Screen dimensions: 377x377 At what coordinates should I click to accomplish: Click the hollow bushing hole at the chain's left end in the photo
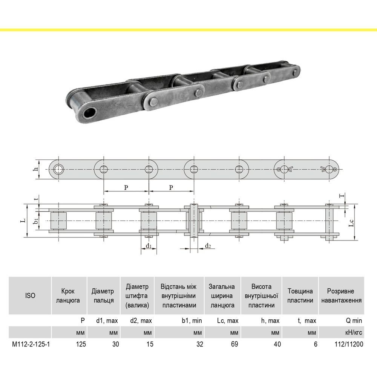pyautogui.click(x=90, y=113)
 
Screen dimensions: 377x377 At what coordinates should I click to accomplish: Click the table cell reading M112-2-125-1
pyautogui.click(x=31, y=344)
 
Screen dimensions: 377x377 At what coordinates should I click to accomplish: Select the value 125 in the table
pyautogui.click(x=81, y=344)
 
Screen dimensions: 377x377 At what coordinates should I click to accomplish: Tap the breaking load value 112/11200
pyautogui.click(x=349, y=344)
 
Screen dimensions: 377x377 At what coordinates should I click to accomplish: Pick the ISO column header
pyautogui.click(x=30, y=296)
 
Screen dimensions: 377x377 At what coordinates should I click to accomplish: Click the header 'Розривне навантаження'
pyautogui.click(x=342, y=296)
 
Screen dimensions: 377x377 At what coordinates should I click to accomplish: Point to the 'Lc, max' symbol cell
pyautogui.click(x=227, y=320)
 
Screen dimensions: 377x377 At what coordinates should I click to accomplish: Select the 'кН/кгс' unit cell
pyautogui.click(x=354, y=333)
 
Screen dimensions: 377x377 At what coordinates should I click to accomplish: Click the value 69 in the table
pyautogui.click(x=234, y=344)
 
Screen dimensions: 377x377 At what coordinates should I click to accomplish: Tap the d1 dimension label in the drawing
pyautogui.click(x=149, y=246)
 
